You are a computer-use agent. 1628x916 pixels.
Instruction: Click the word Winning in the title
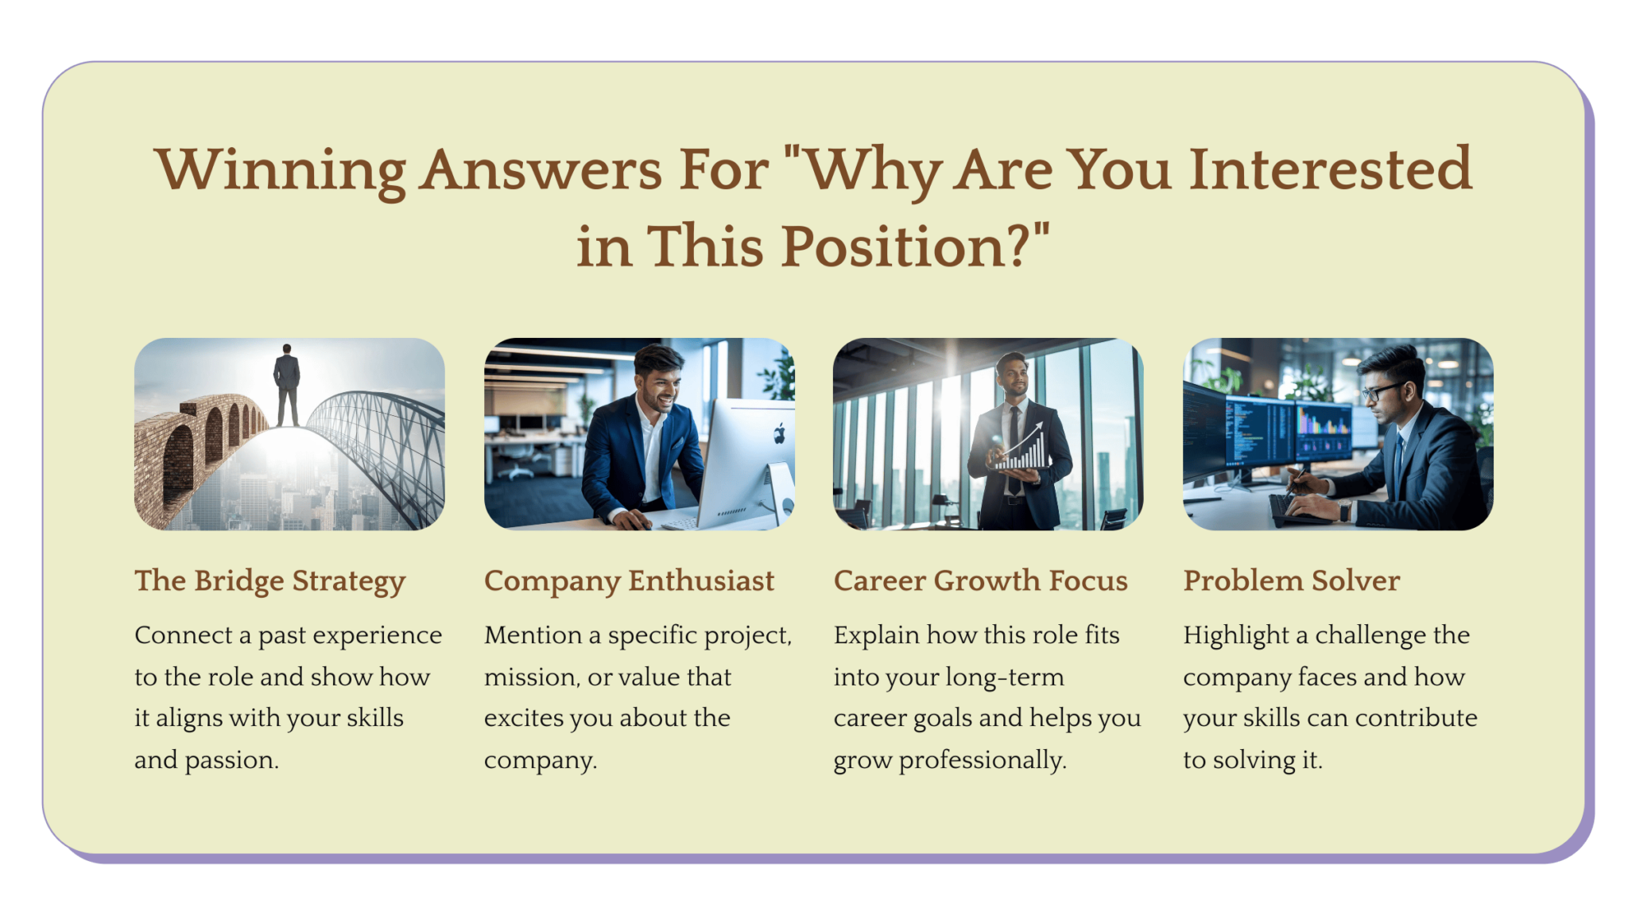(280, 170)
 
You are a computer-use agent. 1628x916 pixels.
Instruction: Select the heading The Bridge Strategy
(269, 581)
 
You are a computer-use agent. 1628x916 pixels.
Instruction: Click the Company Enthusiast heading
(629, 581)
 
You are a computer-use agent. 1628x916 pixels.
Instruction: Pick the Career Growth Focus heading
(980, 581)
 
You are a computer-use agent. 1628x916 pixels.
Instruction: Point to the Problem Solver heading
(1291, 581)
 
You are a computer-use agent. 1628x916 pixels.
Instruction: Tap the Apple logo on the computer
(779, 433)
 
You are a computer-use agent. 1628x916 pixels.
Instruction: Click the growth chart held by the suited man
(1022, 450)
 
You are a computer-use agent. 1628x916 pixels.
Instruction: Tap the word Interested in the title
(1331, 170)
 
